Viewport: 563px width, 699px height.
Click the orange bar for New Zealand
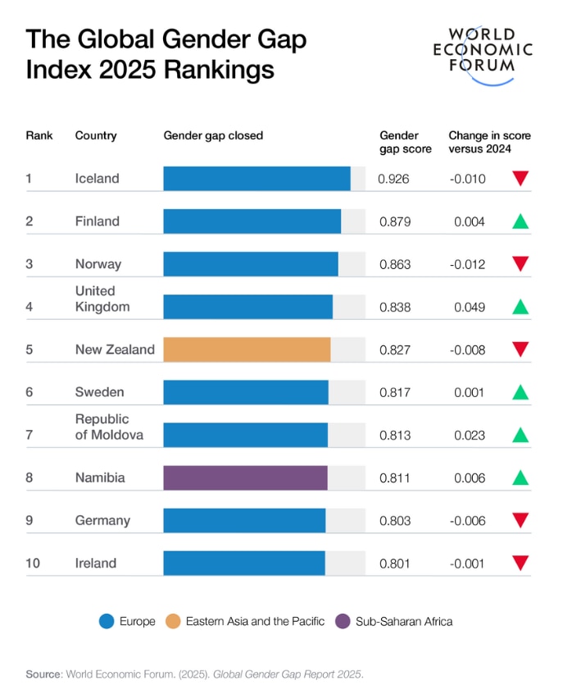(247, 349)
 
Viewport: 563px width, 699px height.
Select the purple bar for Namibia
(245, 477)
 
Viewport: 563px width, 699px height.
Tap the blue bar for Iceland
(257, 179)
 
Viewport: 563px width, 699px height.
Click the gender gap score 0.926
(393, 179)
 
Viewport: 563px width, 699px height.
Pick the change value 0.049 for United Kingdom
(470, 307)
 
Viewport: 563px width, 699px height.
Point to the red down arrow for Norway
(520, 263)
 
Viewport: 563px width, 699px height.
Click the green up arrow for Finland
(520, 221)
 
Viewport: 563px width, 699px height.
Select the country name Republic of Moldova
(109, 427)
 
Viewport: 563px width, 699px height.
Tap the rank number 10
(34, 563)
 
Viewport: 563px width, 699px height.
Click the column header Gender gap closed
(213, 135)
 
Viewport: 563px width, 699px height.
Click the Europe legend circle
(106, 621)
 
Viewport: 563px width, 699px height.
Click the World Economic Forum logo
(482, 54)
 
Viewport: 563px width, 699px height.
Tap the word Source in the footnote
(43, 674)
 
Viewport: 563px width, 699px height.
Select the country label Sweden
(99, 392)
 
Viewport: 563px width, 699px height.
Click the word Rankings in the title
(220, 70)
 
